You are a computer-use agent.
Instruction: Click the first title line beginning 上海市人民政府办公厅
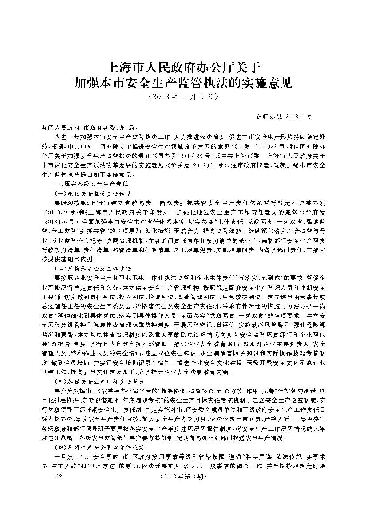tap(183, 68)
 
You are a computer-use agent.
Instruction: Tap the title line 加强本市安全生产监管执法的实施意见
tap(183, 83)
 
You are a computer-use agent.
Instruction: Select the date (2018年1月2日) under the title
tap(183, 95)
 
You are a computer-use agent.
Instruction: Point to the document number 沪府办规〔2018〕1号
tap(284, 116)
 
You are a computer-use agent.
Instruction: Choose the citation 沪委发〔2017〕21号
tap(197, 164)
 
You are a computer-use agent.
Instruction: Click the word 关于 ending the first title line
tap(247, 68)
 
